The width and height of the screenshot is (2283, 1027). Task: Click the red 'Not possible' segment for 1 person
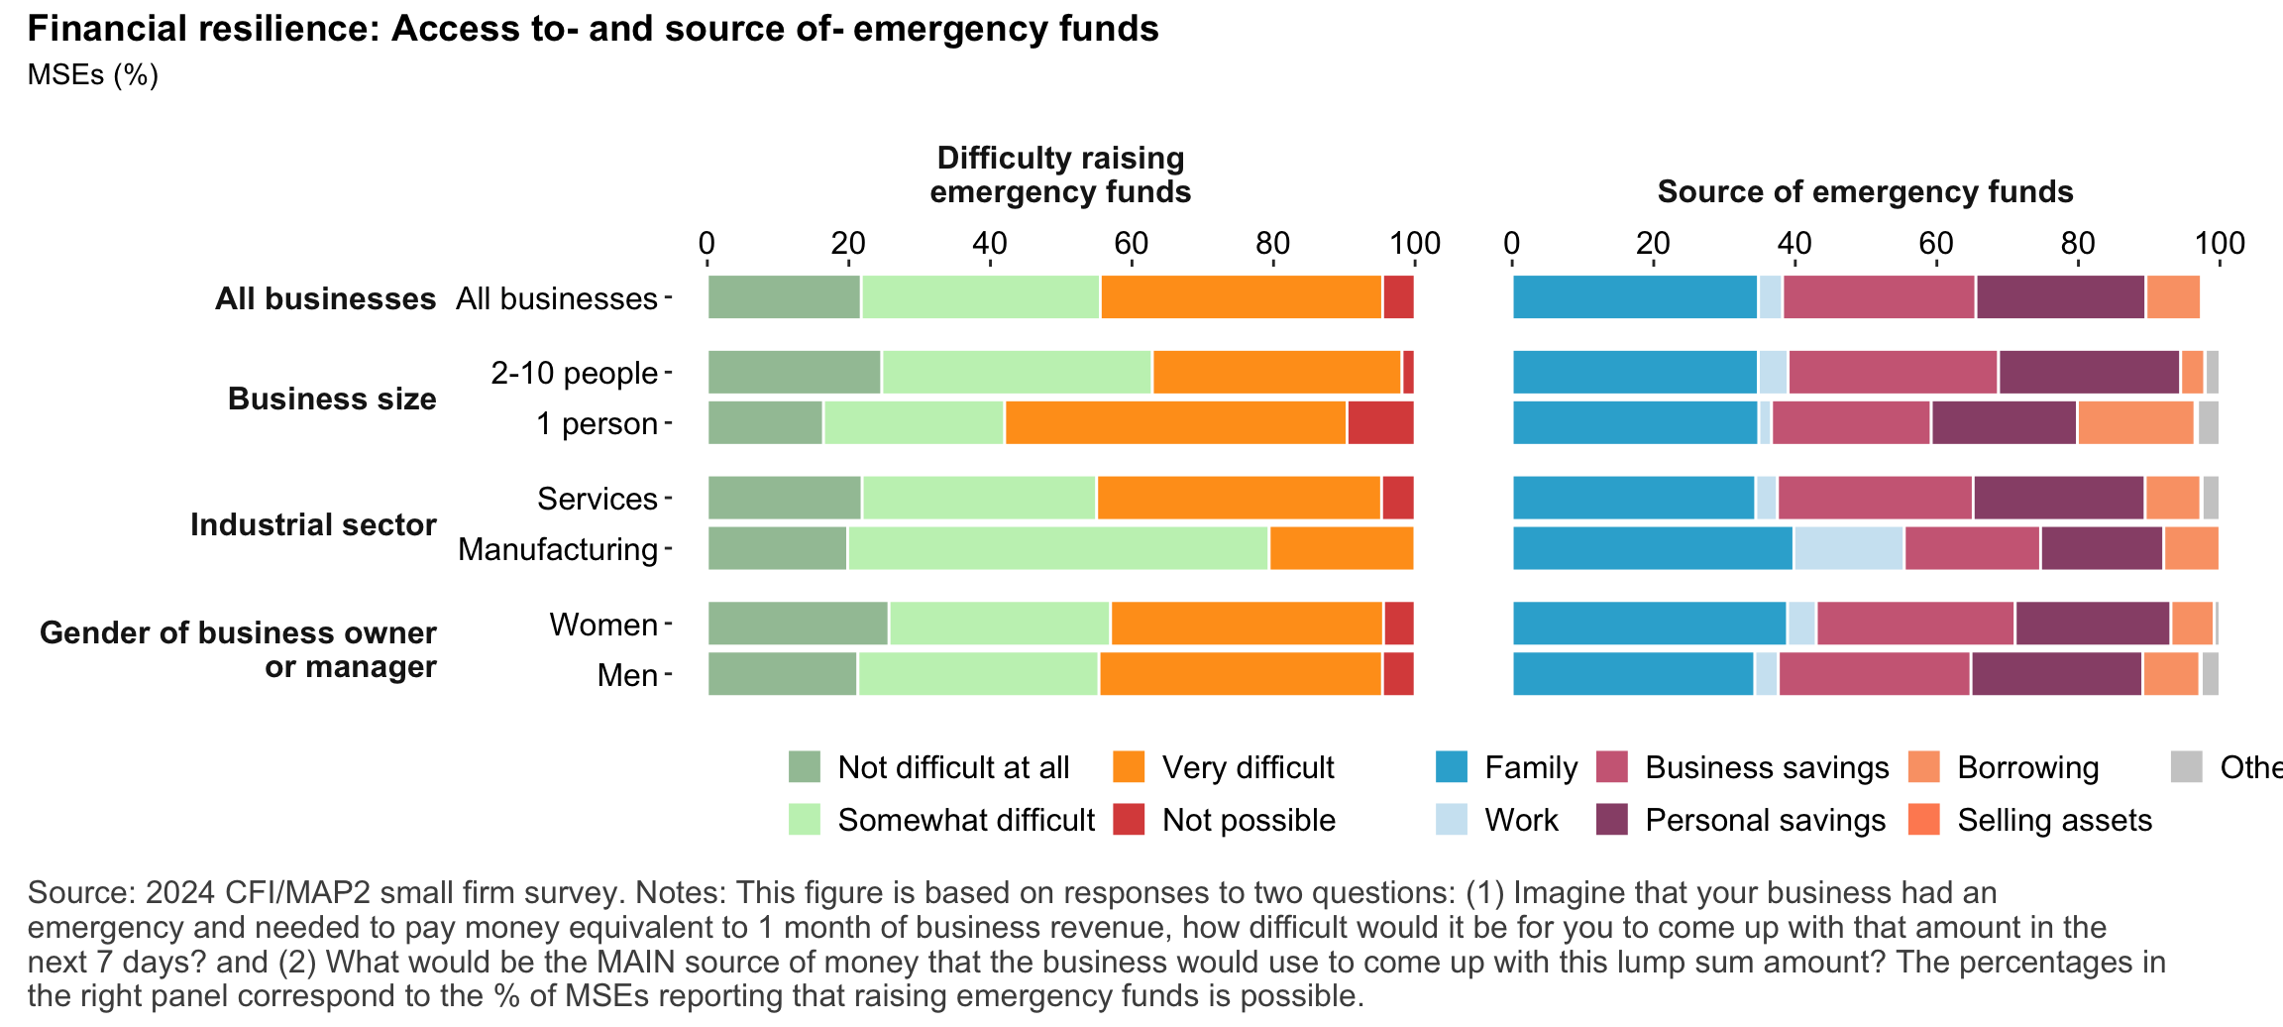click(1379, 423)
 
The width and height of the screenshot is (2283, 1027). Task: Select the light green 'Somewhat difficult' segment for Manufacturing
click(1057, 549)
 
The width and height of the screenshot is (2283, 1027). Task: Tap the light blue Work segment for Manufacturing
click(1848, 549)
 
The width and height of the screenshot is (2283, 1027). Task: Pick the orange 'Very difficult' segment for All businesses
click(1241, 297)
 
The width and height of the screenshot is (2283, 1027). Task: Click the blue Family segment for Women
click(1649, 625)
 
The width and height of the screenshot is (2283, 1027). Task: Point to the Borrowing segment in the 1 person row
click(2135, 423)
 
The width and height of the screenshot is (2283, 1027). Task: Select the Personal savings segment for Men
click(2056, 675)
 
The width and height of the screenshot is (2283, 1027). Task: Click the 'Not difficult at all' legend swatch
click(805, 767)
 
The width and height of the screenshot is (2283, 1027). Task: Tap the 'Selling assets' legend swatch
click(1923, 820)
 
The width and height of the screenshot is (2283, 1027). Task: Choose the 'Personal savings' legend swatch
click(1612, 820)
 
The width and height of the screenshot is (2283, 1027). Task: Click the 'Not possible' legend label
click(1249, 821)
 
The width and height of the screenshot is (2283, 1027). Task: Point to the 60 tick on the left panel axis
click(1131, 244)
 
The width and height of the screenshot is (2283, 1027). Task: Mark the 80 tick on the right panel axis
click(2078, 244)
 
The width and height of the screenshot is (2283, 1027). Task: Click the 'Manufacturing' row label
click(558, 549)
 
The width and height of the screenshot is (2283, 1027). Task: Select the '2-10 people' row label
click(574, 373)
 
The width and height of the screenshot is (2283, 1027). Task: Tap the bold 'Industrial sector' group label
click(313, 524)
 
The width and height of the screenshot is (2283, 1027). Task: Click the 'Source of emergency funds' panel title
click(1865, 191)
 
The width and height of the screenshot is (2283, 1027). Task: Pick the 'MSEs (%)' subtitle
click(93, 75)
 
